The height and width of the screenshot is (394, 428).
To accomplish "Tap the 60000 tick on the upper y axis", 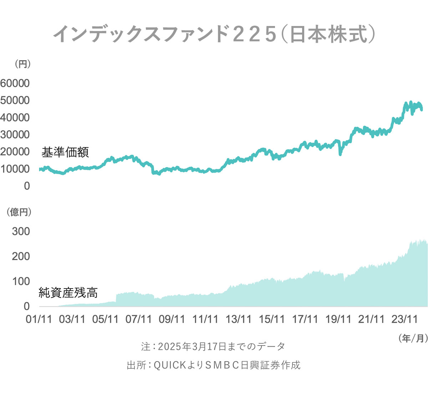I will click(x=15, y=83).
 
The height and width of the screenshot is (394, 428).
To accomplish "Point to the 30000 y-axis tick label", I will click(x=15, y=135).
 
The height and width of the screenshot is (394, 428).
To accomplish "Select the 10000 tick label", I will click(x=15, y=169).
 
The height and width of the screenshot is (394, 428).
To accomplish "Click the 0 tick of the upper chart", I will click(x=27, y=186).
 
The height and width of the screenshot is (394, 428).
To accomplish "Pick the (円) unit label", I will click(x=22, y=64).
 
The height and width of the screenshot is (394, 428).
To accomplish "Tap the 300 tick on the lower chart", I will click(x=21, y=232).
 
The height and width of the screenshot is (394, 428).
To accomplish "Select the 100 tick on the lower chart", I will click(x=21, y=281).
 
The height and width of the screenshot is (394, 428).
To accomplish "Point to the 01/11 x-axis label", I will click(x=39, y=319).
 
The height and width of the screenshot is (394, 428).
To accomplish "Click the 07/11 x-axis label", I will click(x=139, y=319).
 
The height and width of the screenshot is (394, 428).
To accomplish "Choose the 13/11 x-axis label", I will click(x=238, y=319).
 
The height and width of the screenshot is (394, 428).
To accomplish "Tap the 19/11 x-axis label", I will click(x=338, y=319).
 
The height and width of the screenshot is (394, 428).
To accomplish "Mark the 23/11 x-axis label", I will click(x=404, y=319).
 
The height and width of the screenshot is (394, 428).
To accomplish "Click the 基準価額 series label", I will click(x=65, y=152).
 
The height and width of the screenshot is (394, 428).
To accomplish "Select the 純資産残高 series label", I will click(x=68, y=293).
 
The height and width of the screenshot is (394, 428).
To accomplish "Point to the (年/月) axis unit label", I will click(x=413, y=338).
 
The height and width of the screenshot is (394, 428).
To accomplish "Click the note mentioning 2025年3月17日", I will click(x=213, y=346).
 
